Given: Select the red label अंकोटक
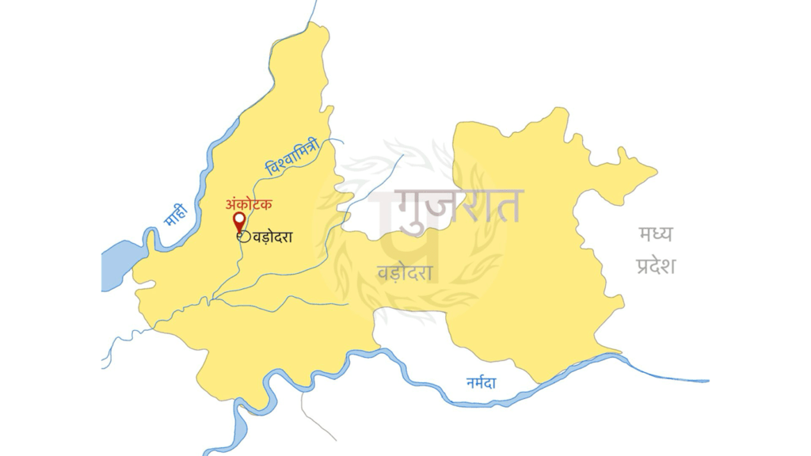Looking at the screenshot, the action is pyautogui.click(x=249, y=203).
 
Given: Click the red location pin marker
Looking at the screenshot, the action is pyautogui.click(x=238, y=221).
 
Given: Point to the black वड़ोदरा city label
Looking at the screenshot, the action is pyautogui.click(x=272, y=236).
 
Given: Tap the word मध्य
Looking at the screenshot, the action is pyautogui.click(x=655, y=234).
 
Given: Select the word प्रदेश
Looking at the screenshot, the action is pyautogui.click(x=655, y=265).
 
